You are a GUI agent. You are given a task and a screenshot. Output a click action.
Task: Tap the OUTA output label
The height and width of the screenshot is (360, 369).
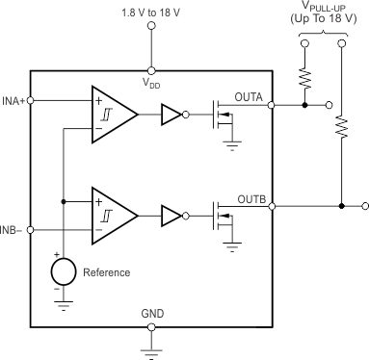point(249,96)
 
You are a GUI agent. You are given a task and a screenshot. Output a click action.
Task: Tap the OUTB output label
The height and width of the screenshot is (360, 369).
point(249,198)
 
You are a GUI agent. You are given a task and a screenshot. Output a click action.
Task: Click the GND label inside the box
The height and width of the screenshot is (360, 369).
point(150,314)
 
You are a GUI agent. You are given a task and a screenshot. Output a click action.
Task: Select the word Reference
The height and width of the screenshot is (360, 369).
point(106,272)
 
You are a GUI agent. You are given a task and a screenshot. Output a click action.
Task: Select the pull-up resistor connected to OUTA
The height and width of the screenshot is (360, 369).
point(303,77)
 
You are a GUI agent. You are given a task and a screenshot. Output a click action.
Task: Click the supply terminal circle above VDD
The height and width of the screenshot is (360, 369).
point(150,27)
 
